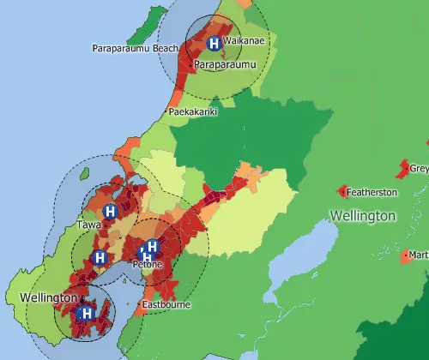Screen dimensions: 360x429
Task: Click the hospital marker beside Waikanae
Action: pos(213,43)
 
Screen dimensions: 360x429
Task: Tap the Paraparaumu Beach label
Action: pos(135,49)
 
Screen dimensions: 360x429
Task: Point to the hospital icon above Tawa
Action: pos(109,211)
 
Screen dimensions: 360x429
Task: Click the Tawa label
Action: pos(89,225)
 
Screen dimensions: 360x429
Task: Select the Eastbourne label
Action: pos(166,305)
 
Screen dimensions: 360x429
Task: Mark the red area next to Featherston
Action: pos(343,191)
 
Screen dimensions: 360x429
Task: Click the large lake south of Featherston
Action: pos(296,257)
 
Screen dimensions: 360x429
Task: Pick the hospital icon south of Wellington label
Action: pos(86,315)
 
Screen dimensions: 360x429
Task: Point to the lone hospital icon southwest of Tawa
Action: pos(100,257)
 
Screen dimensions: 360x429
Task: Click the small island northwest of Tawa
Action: pos(83,177)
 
